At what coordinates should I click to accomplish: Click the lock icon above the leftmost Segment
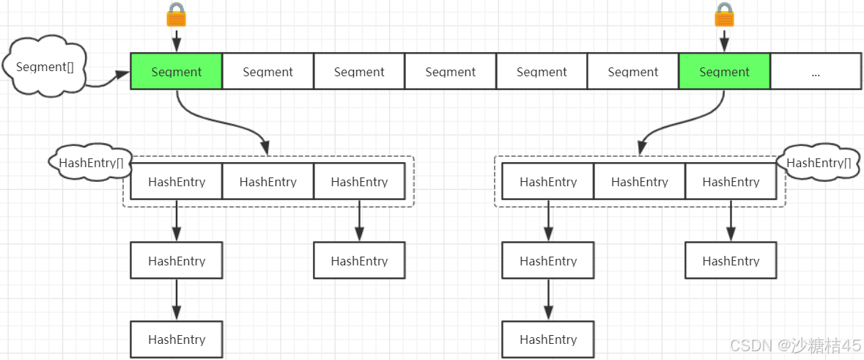[176, 15]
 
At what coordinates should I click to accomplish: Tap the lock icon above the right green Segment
[724, 15]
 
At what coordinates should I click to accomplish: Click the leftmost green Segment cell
[177, 72]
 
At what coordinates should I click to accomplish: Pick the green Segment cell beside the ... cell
[724, 72]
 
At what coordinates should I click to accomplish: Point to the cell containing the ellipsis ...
[816, 72]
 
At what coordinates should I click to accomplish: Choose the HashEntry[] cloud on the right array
[818, 161]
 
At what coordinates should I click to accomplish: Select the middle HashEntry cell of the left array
[267, 182]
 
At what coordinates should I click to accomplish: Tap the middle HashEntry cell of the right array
[640, 182]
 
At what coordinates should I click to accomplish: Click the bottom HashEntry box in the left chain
[177, 339]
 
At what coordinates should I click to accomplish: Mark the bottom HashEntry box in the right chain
[548, 339]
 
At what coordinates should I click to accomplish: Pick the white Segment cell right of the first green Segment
[267, 72]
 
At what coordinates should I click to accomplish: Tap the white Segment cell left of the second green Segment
[633, 72]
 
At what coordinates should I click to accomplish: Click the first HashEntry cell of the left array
[177, 182]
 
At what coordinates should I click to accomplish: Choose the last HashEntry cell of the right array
[731, 182]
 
